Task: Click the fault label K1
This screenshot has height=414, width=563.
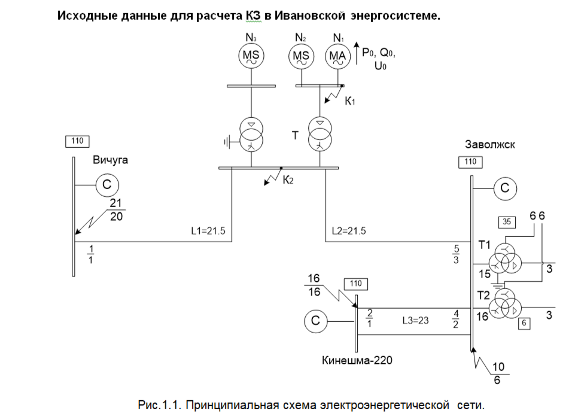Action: [x=350, y=101]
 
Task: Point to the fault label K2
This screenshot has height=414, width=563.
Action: [x=288, y=179]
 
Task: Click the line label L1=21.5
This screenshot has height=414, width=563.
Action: [x=208, y=231]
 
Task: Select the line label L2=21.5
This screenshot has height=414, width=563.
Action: [x=349, y=231]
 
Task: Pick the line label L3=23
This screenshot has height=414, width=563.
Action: [x=415, y=320]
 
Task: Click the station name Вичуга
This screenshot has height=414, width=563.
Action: [x=110, y=160]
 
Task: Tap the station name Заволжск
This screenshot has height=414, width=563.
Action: [x=490, y=144]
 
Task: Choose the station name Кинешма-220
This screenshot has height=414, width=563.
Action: [x=357, y=360]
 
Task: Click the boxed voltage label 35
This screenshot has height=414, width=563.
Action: [x=507, y=222]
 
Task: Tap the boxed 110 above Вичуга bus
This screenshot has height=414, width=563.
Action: [x=77, y=141]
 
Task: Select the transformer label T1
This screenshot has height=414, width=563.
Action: [x=485, y=245]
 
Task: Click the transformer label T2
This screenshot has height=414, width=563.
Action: [x=483, y=296]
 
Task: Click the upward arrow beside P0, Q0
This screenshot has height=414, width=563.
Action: [x=356, y=53]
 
